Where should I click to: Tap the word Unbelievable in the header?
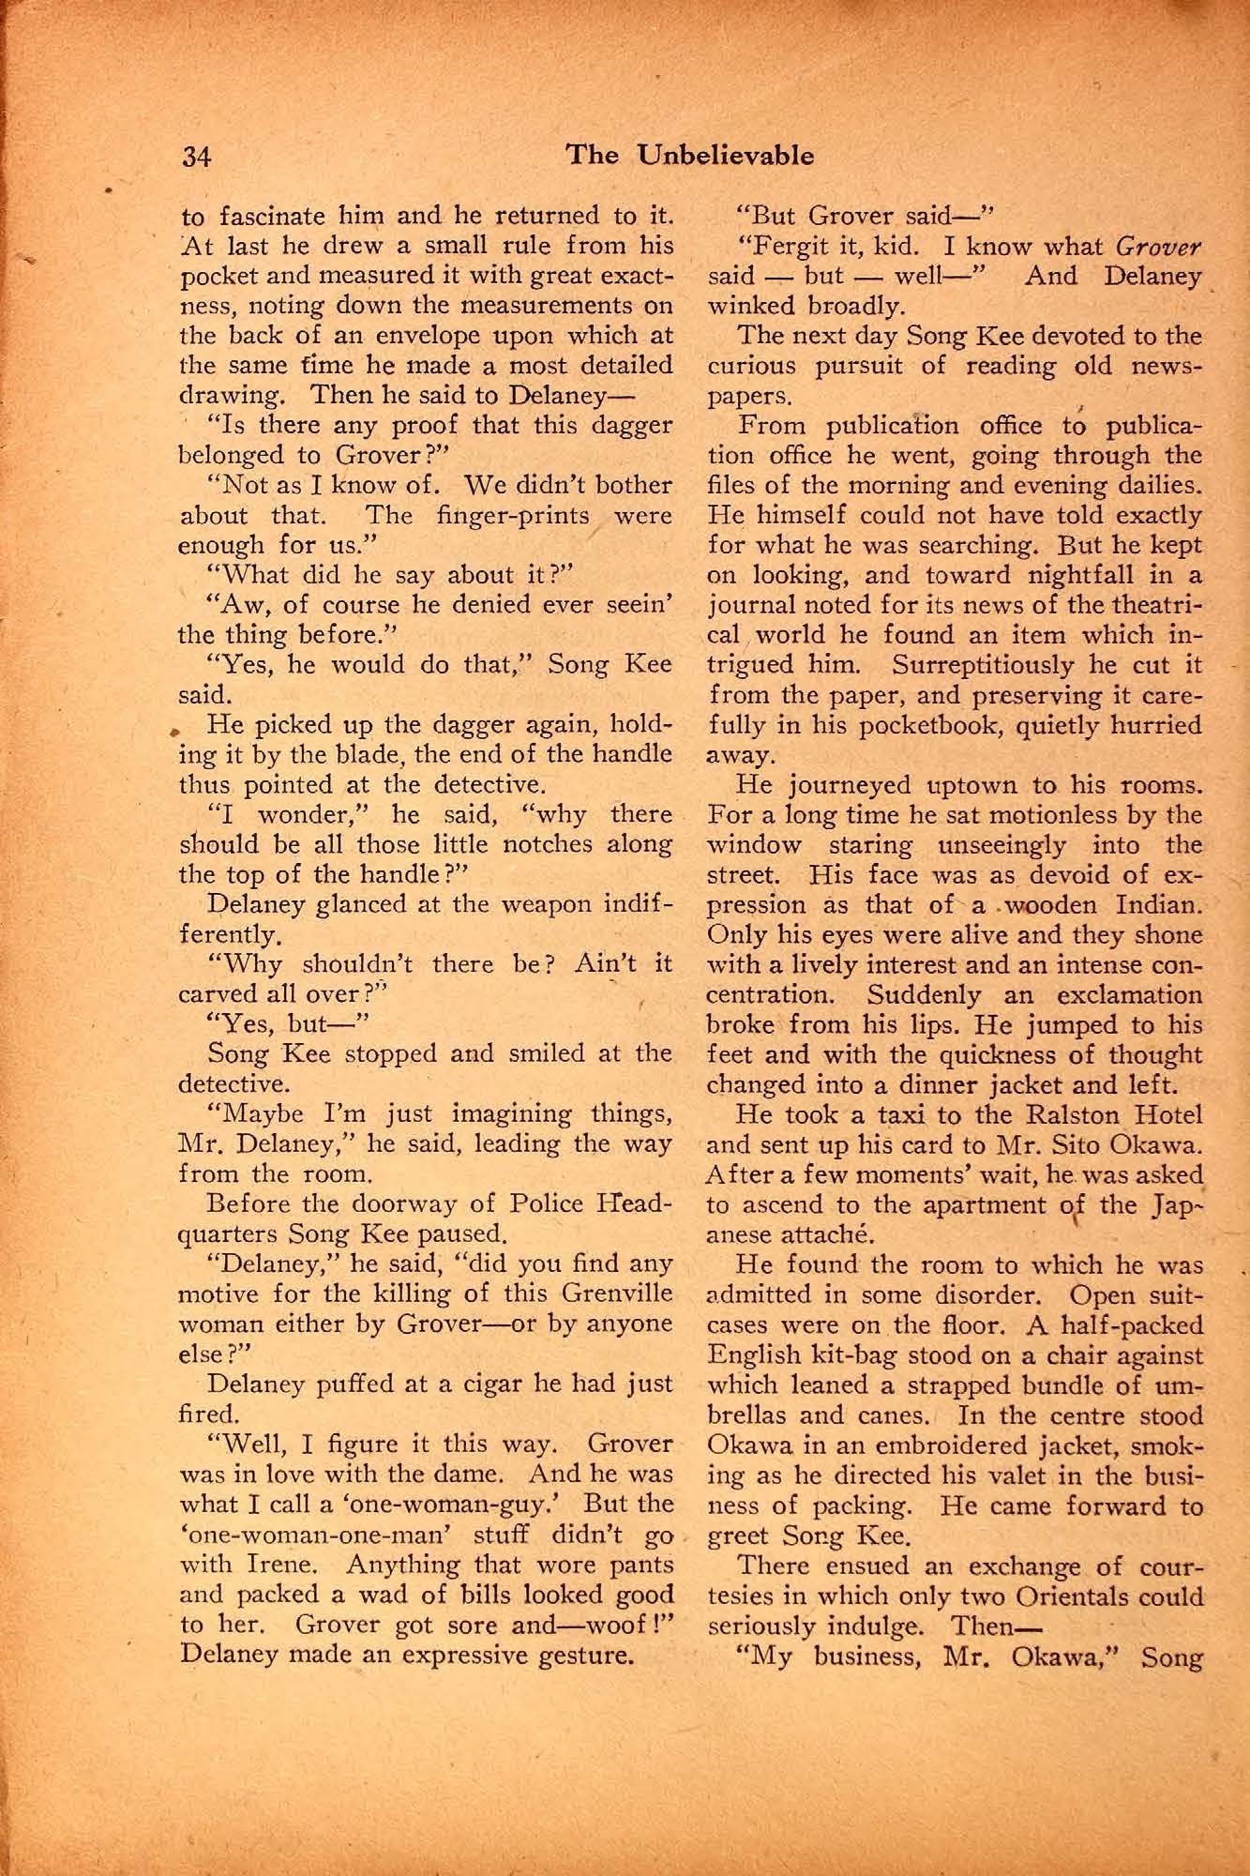click(x=725, y=155)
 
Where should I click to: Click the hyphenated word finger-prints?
click(x=515, y=515)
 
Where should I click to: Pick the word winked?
click(x=751, y=306)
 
